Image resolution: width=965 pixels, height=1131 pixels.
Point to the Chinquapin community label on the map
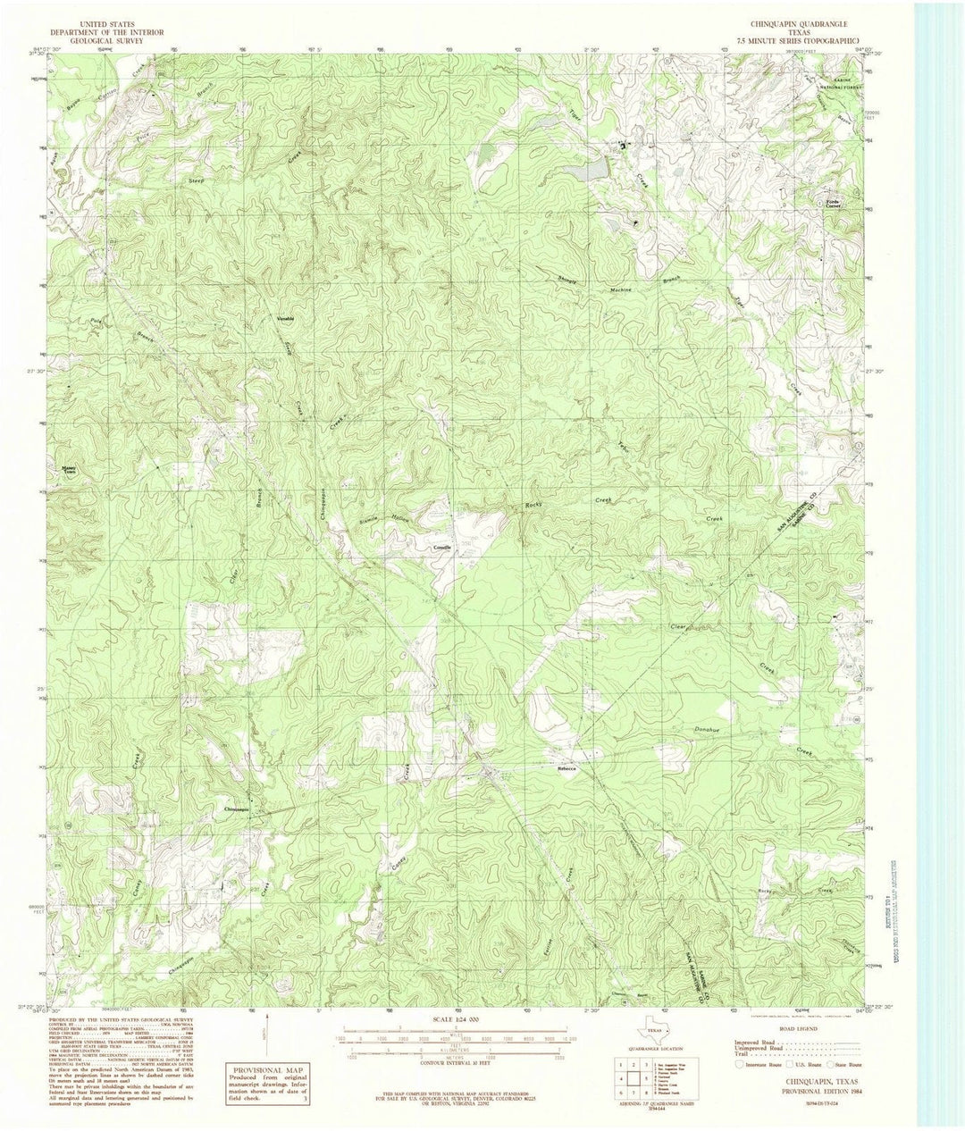(236, 808)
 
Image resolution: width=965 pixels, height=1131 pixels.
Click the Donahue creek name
(706, 730)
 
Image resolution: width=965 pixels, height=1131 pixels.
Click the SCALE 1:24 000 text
(456, 1019)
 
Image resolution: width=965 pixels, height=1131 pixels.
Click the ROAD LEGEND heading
(797, 1029)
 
